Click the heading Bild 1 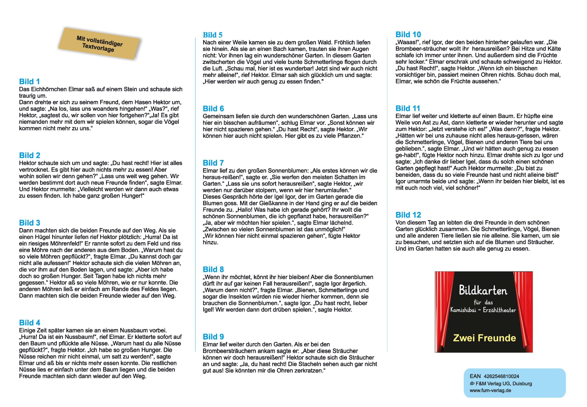pyautogui.click(x=29, y=82)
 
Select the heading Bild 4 pyautogui.click(x=30, y=323)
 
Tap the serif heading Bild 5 pyautogui.click(x=213, y=35)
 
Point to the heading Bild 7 pyautogui.click(x=213, y=163)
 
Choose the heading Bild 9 pyautogui.click(x=213, y=337)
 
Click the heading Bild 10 pyautogui.click(x=408, y=34)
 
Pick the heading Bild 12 pyautogui.click(x=408, y=215)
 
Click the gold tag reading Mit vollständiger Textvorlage pyautogui.click(x=99, y=44)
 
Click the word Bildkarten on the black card pyautogui.click(x=483, y=290)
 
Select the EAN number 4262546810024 pyautogui.click(x=501, y=376)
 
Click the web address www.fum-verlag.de pyautogui.click(x=490, y=390)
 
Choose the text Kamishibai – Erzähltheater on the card pyautogui.click(x=483, y=310)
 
